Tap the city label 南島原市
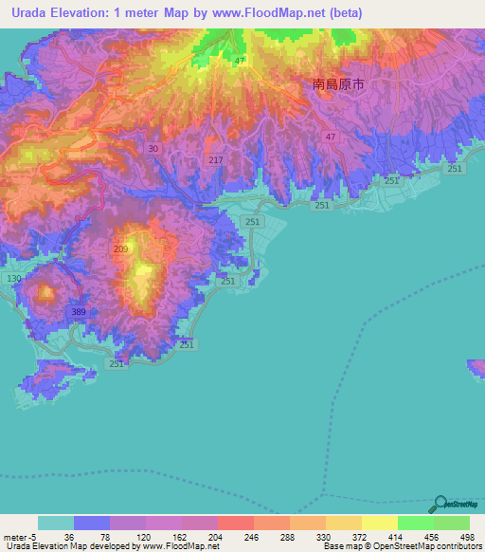[338, 84]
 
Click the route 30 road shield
[153, 148]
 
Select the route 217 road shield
[216, 160]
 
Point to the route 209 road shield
[120, 249]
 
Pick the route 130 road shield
[13, 278]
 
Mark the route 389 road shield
[78, 312]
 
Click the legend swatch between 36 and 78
[91, 523]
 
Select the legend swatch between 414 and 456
[416, 523]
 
